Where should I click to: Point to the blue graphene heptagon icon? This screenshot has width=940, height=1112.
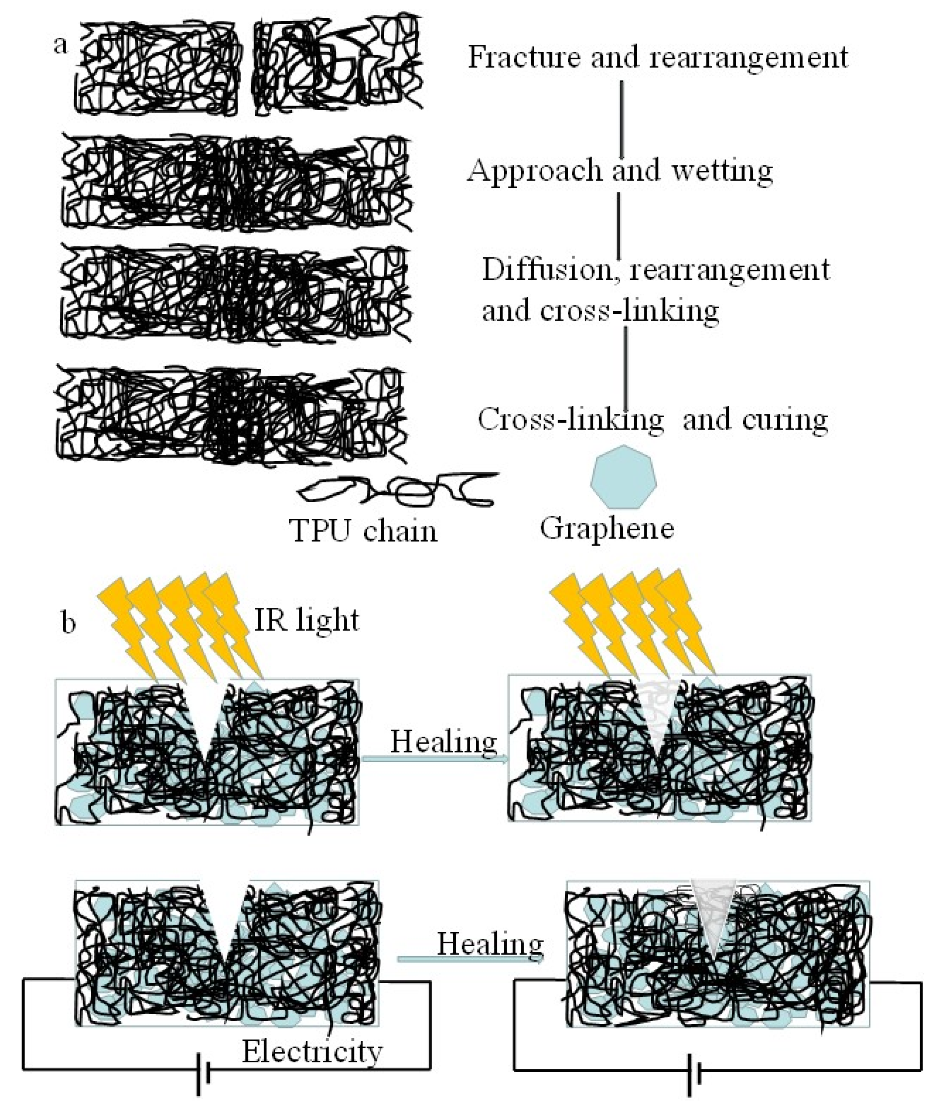point(623,477)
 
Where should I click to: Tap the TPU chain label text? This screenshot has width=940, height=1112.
point(363,531)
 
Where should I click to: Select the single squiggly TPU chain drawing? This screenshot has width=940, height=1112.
point(397,489)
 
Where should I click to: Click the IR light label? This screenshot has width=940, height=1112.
point(307,620)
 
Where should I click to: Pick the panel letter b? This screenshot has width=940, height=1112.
point(68,622)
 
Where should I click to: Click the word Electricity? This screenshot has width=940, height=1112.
point(312,1051)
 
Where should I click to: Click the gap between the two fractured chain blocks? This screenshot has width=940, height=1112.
point(245,67)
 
